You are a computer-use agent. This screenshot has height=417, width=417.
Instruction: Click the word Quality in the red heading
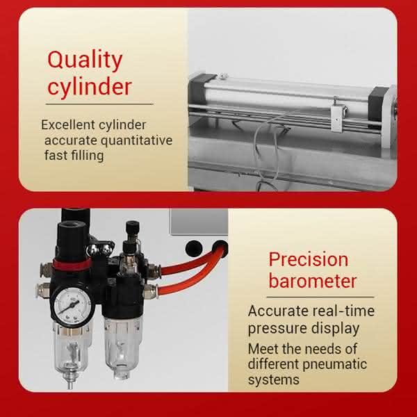point(85,60)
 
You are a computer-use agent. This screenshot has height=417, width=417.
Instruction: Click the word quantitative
point(137,140)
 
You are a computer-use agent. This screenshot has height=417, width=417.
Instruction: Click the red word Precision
point(309,259)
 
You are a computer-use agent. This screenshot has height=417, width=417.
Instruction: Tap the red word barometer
point(313,281)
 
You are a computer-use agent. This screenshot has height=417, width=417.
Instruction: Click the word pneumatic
point(335,365)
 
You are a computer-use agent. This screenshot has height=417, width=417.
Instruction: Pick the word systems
point(274,379)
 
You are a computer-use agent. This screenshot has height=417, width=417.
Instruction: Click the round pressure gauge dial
point(72,305)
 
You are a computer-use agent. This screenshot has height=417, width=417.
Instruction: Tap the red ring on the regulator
point(72,264)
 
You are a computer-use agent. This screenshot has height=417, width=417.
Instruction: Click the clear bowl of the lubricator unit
point(122,345)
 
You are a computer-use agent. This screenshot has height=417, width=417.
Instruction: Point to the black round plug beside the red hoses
point(194,249)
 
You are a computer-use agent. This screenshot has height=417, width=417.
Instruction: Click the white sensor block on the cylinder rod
point(338,118)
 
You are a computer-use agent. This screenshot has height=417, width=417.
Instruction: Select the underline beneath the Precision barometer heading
point(320,297)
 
